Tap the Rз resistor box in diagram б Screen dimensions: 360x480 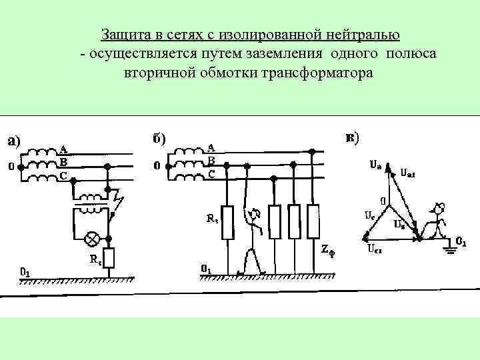(227, 223)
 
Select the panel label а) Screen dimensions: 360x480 (14, 141)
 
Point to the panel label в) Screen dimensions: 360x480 (352, 138)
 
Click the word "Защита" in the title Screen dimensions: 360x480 (123, 34)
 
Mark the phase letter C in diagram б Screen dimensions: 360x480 (211, 173)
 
